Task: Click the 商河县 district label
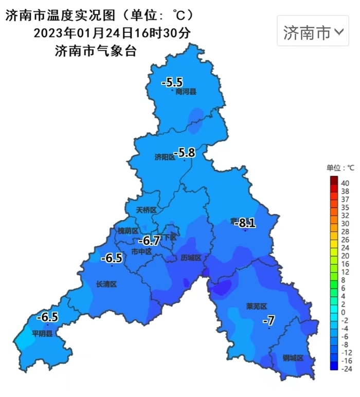point(186,92)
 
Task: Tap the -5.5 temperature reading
point(172,82)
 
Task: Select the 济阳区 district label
point(165,157)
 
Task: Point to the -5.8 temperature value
point(184,152)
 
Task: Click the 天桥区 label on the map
point(146,210)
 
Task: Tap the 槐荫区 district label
point(128,230)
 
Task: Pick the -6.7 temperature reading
point(150,240)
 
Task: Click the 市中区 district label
point(141,251)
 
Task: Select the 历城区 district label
point(191,258)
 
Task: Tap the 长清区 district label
point(107,284)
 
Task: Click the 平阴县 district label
point(42,333)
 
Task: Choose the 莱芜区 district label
point(257,306)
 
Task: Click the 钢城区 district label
point(293,358)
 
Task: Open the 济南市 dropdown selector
point(313,32)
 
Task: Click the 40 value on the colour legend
point(345,183)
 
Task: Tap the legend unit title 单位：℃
point(340,168)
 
